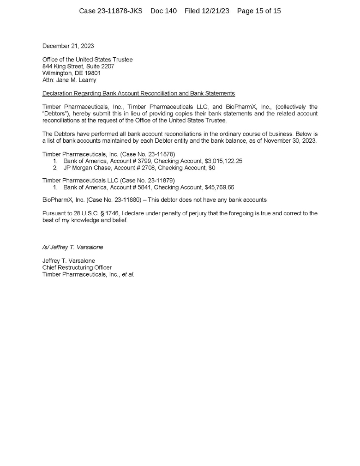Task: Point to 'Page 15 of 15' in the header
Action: [x=258, y=11]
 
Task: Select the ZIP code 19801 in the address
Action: [x=92, y=73]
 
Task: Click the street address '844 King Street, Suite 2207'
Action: [x=78, y=66]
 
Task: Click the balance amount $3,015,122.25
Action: [x=223, y=161]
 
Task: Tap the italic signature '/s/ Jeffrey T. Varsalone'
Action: [x=72, y=247]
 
